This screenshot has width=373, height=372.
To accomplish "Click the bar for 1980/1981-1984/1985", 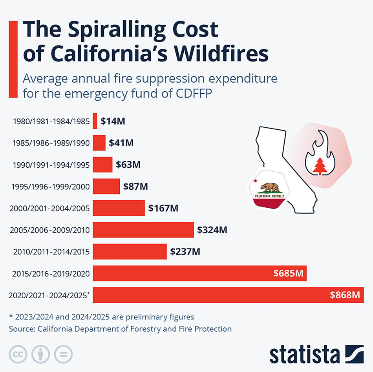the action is click(95, 121).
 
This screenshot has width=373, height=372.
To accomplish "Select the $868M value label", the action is click(345, 295).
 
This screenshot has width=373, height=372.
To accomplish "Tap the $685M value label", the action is click(288, 273).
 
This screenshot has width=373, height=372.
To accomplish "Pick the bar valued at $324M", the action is click(143, 230).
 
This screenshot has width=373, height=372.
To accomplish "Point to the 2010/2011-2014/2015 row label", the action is click(51, 252).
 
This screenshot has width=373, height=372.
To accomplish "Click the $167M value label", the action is click(163, 208).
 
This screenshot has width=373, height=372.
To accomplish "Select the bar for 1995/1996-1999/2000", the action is click(106, 186).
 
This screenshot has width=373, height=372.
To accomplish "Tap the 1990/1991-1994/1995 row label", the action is click(51, 165).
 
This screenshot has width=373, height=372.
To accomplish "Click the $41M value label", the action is click(121, 143).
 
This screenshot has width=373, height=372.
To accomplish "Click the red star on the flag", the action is click(256, 181).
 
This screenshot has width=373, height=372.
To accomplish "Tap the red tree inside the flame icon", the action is click(320, 166).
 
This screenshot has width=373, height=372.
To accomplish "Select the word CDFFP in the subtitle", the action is click(194, 93).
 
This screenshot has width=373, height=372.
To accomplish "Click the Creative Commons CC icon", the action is click(18, 354).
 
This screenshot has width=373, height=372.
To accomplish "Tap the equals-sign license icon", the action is click(63, 354).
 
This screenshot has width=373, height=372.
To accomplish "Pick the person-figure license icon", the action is click(41, 354).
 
